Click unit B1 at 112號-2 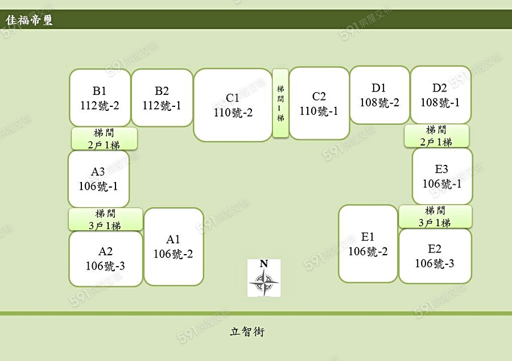[100, 98]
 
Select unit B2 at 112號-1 [162, 98]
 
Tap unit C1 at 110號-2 [233, 105]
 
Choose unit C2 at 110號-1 [319, 103]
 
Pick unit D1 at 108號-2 [379, 95]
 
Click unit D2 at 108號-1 [440, 95]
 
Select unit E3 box [442, 176]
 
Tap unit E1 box [368, 244]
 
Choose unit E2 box [435, 256]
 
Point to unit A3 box [98, 179]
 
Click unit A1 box [174, 247]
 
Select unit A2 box [106, 259]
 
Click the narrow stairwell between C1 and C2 [280, 103]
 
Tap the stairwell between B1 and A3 [104, 139]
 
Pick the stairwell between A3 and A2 [106, 219]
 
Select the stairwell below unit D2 [437, 136]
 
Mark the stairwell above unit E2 [435, 217]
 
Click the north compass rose [264, 278]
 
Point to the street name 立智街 [247, 331]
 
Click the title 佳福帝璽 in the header [30, 20]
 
